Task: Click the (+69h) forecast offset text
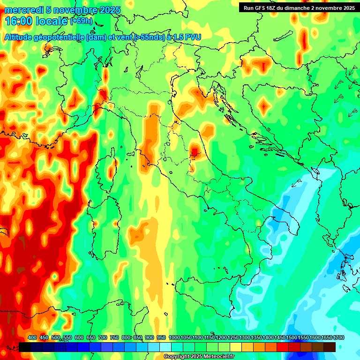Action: (81, 21)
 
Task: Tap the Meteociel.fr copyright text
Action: (199, 357)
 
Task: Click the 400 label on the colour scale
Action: (32, 338)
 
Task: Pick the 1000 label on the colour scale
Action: (174, 338)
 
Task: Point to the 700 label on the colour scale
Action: (103, 338)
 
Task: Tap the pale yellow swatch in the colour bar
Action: (236, 347)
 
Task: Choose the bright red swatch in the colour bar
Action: (283, 347)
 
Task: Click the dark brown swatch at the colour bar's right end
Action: (330, 347)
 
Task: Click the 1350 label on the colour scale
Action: (256, 338)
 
